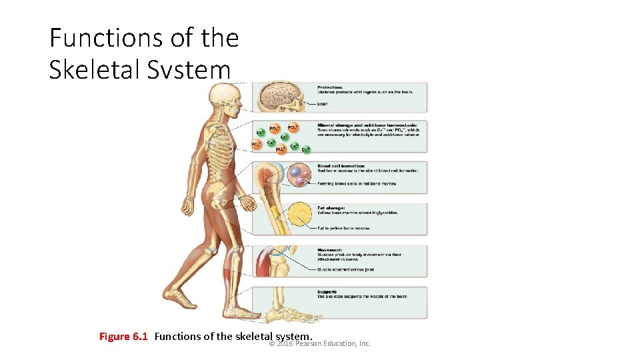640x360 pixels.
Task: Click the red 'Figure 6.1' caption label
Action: pos(123,336)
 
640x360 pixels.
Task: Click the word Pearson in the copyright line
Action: pos(310,343)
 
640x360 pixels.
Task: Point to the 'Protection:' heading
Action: pos(330,87)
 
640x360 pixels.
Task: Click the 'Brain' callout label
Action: pos(323,103)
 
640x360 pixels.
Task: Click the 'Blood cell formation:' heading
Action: pos(341,165)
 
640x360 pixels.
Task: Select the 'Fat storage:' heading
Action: pos(332,207)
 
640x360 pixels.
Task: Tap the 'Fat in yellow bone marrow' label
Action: pos(343,228)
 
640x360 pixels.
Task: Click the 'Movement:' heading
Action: pos(330,249)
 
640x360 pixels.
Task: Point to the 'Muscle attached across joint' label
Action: pos(346,269)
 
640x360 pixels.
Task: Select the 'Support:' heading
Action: pos(327,291)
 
